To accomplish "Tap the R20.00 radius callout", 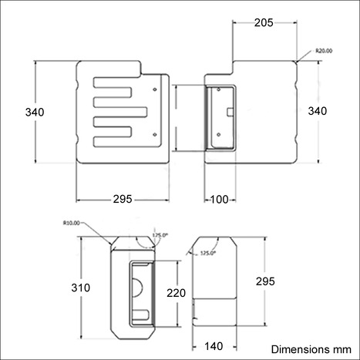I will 324,51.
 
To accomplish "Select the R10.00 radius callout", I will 71,223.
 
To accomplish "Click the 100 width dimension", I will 219,200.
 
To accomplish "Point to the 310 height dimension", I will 80,288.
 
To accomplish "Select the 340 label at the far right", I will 317,112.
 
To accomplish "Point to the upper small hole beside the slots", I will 156,89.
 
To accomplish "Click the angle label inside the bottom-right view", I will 208,253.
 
